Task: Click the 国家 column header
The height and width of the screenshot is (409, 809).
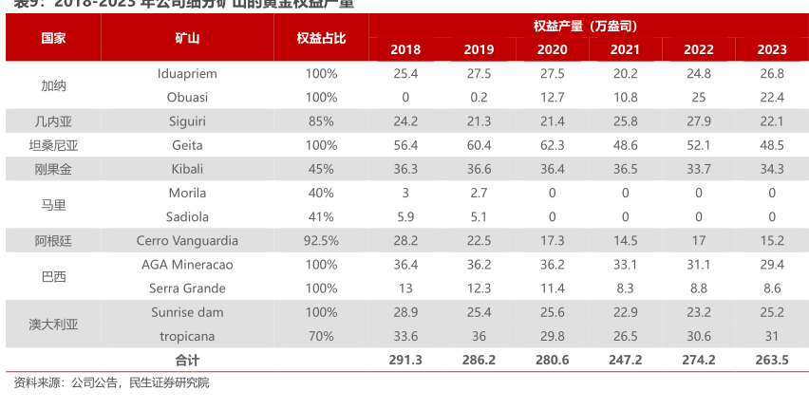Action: [53, 38]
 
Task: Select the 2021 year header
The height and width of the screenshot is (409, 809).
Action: [625, 49]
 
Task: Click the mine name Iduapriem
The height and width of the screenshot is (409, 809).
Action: [187, 73]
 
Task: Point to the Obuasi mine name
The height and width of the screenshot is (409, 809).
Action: [187, 97]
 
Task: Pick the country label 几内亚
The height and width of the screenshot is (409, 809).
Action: [53, 121]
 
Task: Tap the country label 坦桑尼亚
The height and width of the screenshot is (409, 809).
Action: [53, 145]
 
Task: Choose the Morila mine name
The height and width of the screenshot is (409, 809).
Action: [187, 193]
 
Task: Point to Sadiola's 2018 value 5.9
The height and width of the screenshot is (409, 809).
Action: [404, 216]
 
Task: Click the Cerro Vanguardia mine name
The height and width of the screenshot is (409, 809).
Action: [187, 240]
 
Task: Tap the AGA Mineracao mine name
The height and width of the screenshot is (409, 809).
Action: [187, 264]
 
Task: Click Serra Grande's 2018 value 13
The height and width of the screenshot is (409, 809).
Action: [404, 288]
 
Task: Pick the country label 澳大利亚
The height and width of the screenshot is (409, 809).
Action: [53, 324]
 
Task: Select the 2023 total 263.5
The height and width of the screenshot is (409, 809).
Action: [772, 360]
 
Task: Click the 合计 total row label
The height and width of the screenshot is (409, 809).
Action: [187, 360]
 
